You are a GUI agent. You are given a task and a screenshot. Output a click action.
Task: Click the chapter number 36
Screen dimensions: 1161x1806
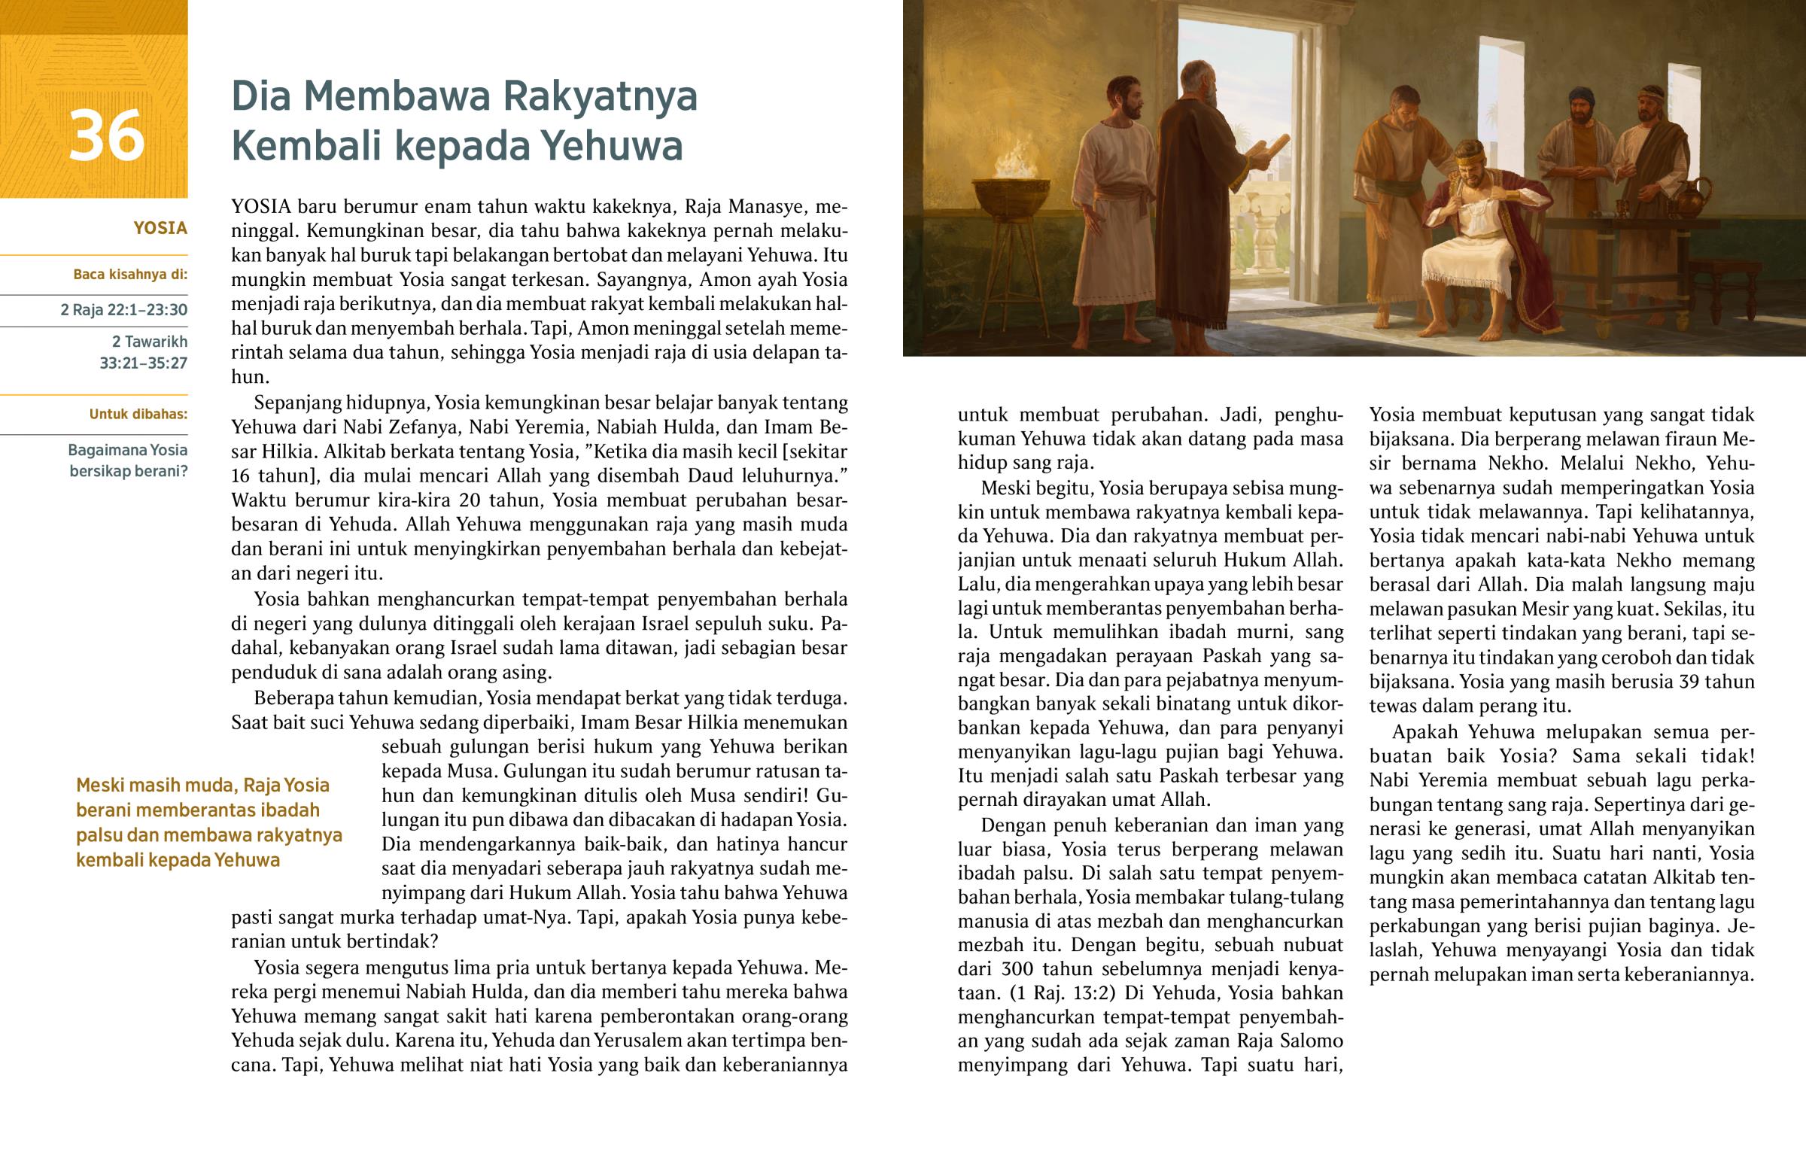pos(106,136)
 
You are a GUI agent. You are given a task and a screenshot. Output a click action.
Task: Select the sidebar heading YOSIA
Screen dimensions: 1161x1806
pos(160,229)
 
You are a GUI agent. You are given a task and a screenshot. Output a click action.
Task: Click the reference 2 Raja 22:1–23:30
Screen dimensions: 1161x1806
pos(124,310)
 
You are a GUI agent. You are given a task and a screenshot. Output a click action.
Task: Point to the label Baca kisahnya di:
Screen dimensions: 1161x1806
pos(130,275)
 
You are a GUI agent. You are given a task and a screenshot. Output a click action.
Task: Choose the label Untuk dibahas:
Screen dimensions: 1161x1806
pos(138,414)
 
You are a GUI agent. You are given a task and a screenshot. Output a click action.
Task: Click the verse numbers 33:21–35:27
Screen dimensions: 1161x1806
pos(143,363)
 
